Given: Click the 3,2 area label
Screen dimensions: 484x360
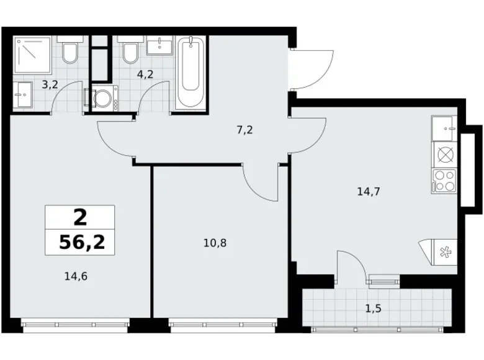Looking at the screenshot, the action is click(x=50, y=84).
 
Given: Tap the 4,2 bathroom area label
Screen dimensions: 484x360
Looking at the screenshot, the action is click(x=145, y=74).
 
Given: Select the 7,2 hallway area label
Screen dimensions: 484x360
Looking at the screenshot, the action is click(x=244, y=130).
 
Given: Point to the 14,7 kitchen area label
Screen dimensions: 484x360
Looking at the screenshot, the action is click(x=369, y=192).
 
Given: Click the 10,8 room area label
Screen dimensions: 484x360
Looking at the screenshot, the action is click(x=215, y=243).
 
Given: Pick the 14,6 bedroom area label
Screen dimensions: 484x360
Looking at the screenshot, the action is click(x=76, y=276).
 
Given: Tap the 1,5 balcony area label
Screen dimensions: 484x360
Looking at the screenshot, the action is click(x=374, y=308).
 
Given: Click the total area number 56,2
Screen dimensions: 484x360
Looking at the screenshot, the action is click(x=82, y=242).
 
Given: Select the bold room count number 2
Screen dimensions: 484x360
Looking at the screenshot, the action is click(x=81, y=217).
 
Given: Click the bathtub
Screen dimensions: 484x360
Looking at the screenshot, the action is click(x=190, y=73).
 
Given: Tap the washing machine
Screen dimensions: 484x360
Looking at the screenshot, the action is click(x=105, y=98).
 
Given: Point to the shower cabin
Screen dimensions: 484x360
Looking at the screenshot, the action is click(x=32, y=55).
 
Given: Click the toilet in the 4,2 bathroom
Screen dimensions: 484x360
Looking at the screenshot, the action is click(x=130, y=50).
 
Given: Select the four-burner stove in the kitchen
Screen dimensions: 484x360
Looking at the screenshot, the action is click(x=444, y=181).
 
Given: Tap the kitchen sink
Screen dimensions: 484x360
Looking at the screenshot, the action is click(x=444, y=128).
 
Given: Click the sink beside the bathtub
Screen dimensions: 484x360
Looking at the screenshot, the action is click(x=159, y=45).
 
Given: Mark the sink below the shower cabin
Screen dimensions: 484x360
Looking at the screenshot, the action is click(x=23, y=95).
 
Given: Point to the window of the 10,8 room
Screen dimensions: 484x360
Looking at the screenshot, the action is click(x=223, y=325).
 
